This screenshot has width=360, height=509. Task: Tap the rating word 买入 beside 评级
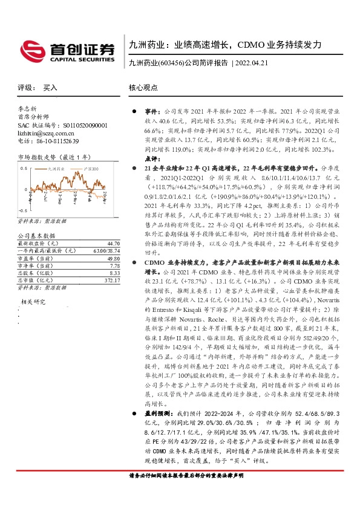50,88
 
